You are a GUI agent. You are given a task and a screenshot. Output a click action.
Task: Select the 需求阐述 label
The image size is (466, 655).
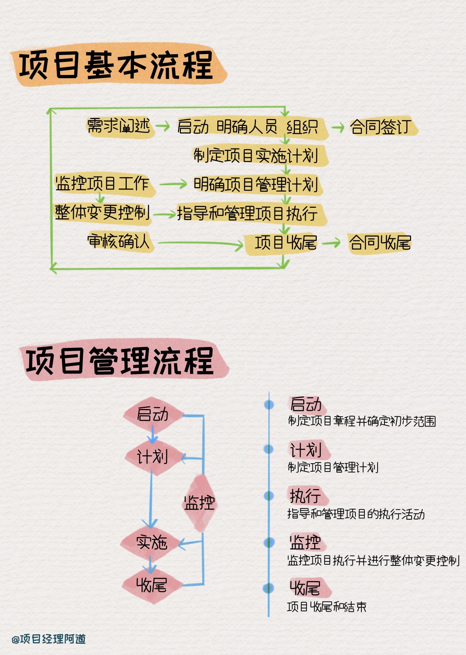(x=119, y=126)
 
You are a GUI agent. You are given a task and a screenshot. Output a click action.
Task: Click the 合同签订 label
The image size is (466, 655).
(x=381, y=127)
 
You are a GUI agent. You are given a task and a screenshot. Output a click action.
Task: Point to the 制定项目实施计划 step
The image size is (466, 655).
(x=256, y=156)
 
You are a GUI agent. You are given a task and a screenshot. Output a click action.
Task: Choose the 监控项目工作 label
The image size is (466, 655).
(x=102, y=183)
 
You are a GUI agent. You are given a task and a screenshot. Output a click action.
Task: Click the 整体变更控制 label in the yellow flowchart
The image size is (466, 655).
(x=102, y=212)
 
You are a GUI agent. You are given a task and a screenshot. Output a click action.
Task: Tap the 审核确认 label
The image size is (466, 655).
(x=119, y=241)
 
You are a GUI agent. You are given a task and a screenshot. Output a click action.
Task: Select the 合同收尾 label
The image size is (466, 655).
(x=380, y=243)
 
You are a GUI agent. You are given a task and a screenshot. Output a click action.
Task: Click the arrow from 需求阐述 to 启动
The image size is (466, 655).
(x=163, y=127)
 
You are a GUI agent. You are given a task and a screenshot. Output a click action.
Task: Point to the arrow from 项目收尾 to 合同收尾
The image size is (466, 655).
(x=331, y=242)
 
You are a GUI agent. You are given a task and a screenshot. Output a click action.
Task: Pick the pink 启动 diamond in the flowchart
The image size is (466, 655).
(x=153, y=414)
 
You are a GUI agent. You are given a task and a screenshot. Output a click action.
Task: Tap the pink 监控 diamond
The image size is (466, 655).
(x=199, y=503)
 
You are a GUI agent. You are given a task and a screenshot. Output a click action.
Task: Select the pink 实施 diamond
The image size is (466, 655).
(x=152, y=543)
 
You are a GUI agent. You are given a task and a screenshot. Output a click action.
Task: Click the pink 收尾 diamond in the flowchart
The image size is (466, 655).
(x=151, y=585)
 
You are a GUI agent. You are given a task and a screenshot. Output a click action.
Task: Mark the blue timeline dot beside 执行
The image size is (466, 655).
(x=269, y=496)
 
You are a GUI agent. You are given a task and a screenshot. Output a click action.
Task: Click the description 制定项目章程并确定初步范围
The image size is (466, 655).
(x=362, y=421)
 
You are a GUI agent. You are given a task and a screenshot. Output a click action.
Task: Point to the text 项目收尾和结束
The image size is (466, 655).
(x=327, y=607)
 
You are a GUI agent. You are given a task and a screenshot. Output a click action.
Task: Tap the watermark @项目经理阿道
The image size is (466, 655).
(x=49, y=639)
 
